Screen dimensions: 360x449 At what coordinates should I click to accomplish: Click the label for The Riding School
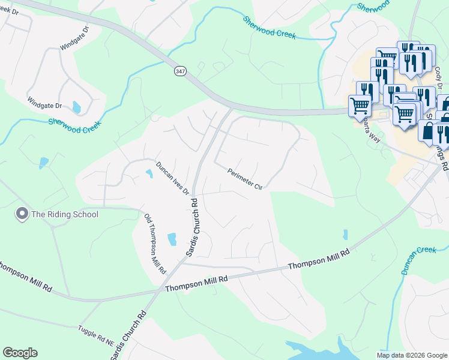[x=64, y=214]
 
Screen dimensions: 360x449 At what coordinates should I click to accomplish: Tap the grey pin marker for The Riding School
[x=22, y=214]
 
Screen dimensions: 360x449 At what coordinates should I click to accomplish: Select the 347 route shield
[x=180, y=71]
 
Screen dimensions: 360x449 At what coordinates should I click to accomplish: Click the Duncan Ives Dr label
[x=173, y=178]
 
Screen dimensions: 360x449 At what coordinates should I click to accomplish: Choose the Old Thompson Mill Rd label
[x=154, y=244]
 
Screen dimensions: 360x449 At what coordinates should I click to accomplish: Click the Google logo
[x=20, y=353]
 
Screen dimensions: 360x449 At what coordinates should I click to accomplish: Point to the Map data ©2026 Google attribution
[x=411, y=355]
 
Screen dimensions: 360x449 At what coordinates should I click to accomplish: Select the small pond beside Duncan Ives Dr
[x=149, y=174]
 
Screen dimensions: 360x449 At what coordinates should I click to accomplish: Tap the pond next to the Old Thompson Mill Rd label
[x=172, y=239]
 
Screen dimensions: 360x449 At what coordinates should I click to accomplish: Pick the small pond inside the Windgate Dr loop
[x=76, y=107]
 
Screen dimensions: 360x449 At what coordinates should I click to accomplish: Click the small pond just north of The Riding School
[x=43, y=162]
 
